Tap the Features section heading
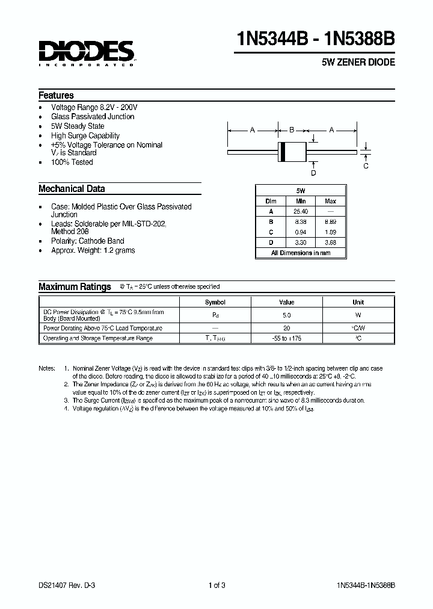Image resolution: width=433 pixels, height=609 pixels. (56, 95)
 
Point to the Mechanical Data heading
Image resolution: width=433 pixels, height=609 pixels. (72, 188)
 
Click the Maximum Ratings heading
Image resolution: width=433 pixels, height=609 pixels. (75, 287)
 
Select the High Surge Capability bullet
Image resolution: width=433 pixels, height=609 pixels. (85, 135)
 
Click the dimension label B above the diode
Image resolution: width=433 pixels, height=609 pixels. (292, 130)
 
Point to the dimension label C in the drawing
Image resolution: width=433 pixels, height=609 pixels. (366, 166)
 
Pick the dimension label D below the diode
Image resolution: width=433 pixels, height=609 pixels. (313, 173)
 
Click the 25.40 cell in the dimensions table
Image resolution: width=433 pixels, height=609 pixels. (301, 211)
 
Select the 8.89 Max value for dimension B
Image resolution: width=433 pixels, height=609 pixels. (330, 221)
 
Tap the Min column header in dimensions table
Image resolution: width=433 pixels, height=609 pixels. (301, 202)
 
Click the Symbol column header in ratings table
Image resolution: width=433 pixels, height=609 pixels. (215, 302)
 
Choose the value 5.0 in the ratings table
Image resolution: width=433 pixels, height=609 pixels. (286, 315)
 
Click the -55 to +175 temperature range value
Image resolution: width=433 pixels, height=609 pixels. (286, 338)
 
